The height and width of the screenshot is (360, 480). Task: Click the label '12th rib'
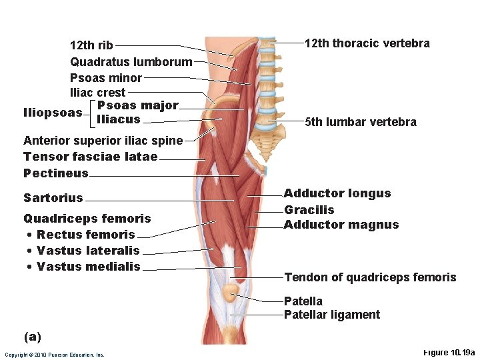coord(91,46)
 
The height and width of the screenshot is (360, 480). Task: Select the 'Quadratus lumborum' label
coord(131,62)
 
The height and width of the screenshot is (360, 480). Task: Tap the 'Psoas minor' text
coord(106,78)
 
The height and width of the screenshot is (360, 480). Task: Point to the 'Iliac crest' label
coord(97,93)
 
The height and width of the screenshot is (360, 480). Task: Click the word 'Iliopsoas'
coord(52,112)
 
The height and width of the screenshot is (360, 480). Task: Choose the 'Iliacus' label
coord(119,119)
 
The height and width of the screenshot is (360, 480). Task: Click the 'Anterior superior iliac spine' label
coord(103,141)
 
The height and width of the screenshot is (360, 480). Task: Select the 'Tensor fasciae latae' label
coord(90,157)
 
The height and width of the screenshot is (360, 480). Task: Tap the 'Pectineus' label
coord(55,173)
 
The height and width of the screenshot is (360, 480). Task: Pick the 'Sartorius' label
coord(53,198)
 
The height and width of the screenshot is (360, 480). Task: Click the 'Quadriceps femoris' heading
coord(87,219)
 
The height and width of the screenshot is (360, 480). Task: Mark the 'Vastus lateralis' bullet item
coord(88,251)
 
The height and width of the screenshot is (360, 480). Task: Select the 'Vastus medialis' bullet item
coord(89,267)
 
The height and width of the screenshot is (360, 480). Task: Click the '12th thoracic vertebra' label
coord(367,44)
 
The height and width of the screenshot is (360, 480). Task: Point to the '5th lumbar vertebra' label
coord(360,122)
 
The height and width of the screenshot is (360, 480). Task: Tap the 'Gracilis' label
coord(309,210)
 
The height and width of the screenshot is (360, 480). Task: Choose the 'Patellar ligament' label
coord(331,315)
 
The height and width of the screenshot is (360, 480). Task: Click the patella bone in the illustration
coord(231,292)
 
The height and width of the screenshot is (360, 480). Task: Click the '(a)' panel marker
coord(32,337)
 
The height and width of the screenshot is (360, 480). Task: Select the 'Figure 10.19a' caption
coord(449,352)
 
